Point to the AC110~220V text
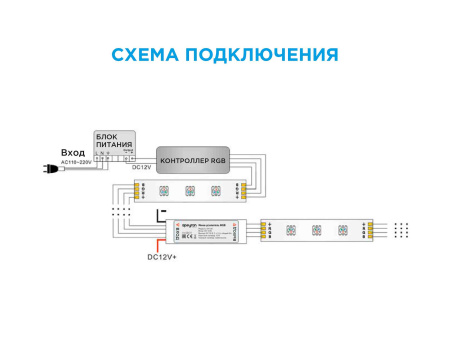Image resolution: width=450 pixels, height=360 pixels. click(x=76, y=161)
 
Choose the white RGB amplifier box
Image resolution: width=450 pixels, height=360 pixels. click(x=209, y=231)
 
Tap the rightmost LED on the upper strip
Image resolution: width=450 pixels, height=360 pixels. click(x=214, y=190)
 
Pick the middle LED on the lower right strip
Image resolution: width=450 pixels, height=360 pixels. click(x=316, y=231)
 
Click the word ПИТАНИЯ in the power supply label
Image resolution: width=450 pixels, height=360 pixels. click(x=115, y=145)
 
